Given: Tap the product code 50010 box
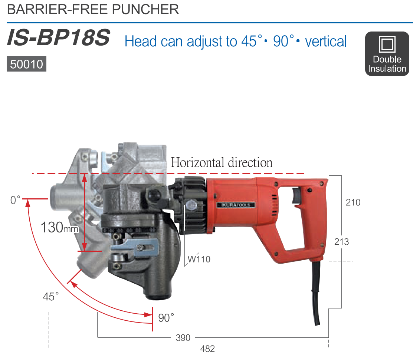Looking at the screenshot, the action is tap(26, 64).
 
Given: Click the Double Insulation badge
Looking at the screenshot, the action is tap(387, 54).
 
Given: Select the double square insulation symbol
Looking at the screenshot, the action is tap(387, 44).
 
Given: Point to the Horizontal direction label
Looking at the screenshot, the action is tap(222, 162).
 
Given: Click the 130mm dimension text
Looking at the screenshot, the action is tap(59, 227).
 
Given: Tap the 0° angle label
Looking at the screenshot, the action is tap(15, 200).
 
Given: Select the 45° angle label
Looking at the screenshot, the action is tap(50, 297).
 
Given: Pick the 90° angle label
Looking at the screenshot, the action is tap(166, 318).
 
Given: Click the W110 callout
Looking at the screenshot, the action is tap(199, 259).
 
